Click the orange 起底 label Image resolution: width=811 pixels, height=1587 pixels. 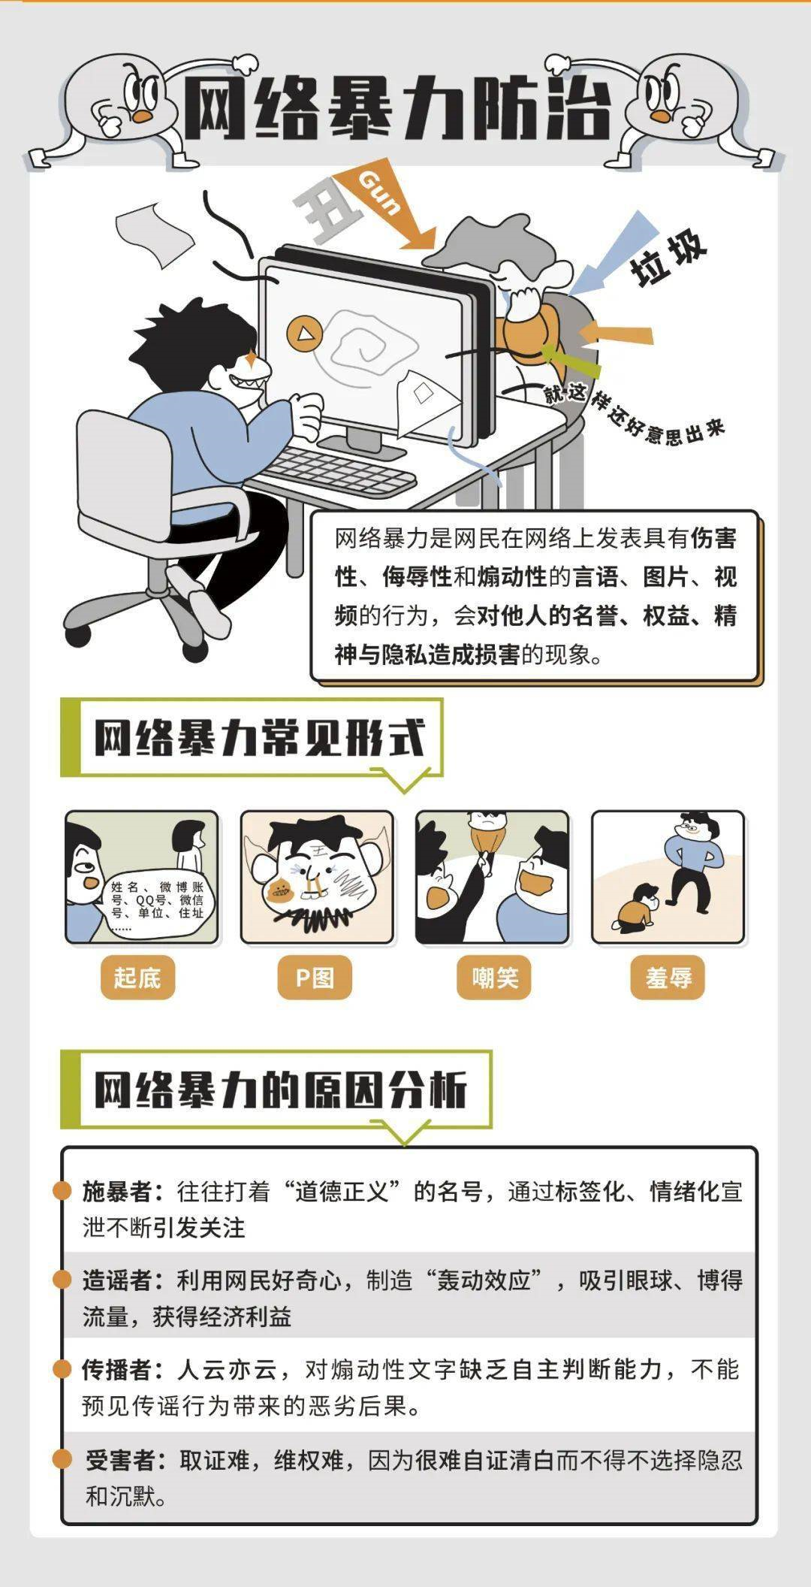coord(137,978)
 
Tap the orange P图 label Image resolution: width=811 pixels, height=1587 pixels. coord(315,978)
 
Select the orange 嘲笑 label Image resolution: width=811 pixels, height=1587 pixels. coord(494,978)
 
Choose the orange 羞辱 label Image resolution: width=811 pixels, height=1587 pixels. coord(668,978)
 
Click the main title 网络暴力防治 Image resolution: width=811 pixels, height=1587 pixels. coord(398,109)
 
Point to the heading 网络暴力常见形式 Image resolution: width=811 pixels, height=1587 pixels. coord(260,738)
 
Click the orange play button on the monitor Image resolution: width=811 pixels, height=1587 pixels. coord(304,332)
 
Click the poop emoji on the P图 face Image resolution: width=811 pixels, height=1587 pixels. coord(279,891)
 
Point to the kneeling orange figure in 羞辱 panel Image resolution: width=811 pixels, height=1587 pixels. coord(638,908)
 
